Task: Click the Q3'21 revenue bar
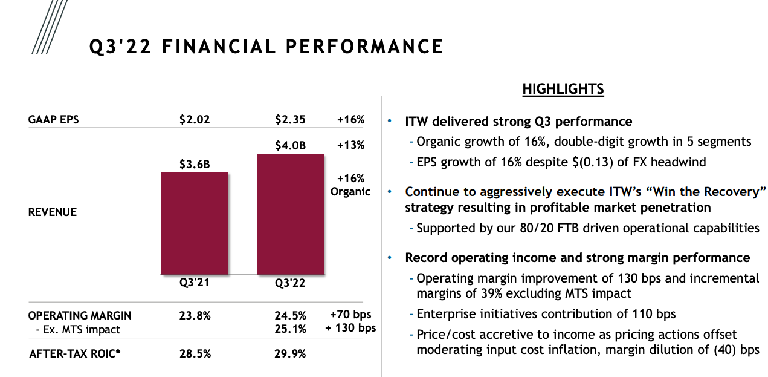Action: (x=195, y=223)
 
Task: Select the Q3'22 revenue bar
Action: (x=291, y=215)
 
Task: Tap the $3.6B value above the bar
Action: (x=195, y=164)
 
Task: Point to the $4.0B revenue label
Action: (x=291, y=145)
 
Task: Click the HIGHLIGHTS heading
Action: (x=563, y=89)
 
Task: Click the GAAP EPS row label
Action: (x=54, y=120)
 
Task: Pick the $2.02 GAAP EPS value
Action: (x=195, y=120)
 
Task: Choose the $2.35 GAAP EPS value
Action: (x=291, y=120)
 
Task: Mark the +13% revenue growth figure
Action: (x=351, y=145)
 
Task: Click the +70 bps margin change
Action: (x=350, y=315)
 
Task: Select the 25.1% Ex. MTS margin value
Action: (x=291, y=329)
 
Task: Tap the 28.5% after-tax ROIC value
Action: (x=195, y=353)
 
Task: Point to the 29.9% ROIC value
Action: (x=291, y=353)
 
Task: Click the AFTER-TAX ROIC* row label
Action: (x=75, y=353)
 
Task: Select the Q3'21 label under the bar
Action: (x=195, y=283)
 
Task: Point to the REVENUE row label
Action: (x=53, y=212)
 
